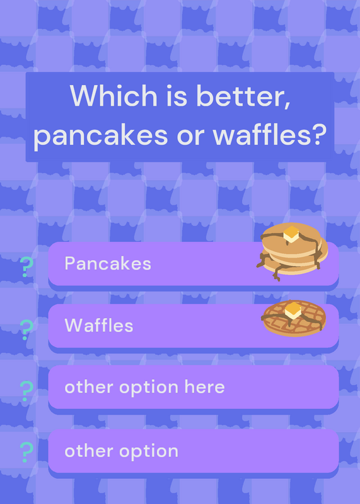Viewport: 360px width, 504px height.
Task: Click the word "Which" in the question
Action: [x=113, y=96]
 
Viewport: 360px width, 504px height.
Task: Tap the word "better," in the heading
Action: [x=243, y=96]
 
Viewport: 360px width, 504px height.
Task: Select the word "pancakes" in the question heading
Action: [x=101, y=135]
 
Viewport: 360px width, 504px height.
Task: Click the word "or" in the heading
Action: [x=191, y=136]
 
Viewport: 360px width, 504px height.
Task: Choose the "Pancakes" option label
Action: [x=108, y=263]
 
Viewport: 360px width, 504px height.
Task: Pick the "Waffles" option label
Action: [x=99, y=325]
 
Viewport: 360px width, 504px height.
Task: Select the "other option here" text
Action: [x=144, y=387]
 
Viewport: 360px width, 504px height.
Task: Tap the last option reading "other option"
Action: [x=121, y=451]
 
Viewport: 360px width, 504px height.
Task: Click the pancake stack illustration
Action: [x=292, y=251]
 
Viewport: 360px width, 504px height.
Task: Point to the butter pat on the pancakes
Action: [x=291, y=234]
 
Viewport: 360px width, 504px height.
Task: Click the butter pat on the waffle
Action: [x=293, y=311]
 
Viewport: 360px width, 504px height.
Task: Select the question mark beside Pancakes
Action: [x=26, y=266]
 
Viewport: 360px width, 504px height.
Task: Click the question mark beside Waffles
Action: [x=26, y=329]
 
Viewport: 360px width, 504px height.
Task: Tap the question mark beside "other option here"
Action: [x=26, y=391]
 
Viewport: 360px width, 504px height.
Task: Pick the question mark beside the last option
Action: [x=26, y=452]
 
